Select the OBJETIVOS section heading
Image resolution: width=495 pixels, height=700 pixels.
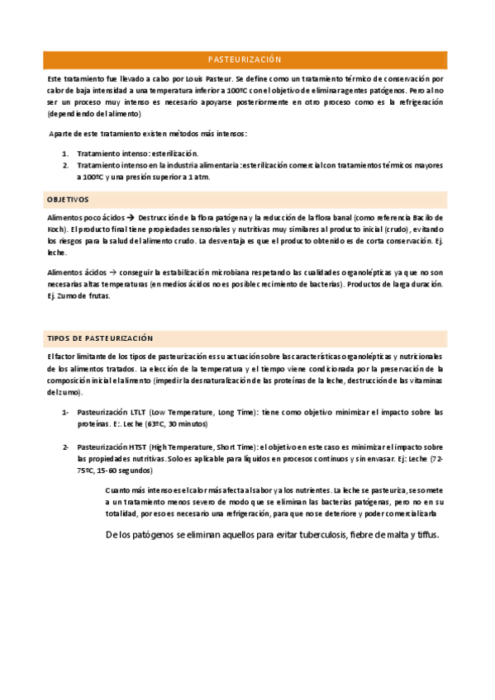click(x=69, y=200)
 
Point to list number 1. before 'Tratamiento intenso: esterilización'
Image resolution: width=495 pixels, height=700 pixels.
click(x=65, y=154)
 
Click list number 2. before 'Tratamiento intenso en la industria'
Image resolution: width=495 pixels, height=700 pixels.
click(x=65, y=165)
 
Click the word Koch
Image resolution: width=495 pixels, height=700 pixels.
click(x=56, y=229)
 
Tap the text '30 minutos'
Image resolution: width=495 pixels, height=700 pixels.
click(x=188, y=423)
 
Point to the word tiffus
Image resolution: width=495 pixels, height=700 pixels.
click(x=426, y=535)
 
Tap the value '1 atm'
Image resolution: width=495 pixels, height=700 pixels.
click(x=200, y=177)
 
